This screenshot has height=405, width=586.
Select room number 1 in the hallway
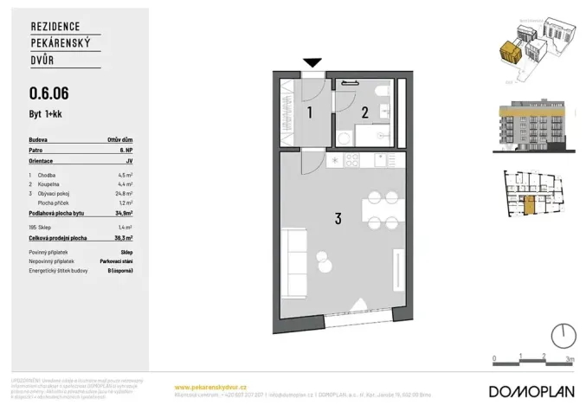click(x=309, y=112)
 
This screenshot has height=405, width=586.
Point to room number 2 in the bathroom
click(x=364, y=111)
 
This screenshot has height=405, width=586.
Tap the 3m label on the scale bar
click(x=569, y=357)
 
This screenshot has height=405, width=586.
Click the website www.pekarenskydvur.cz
click(x=211, y=386)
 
